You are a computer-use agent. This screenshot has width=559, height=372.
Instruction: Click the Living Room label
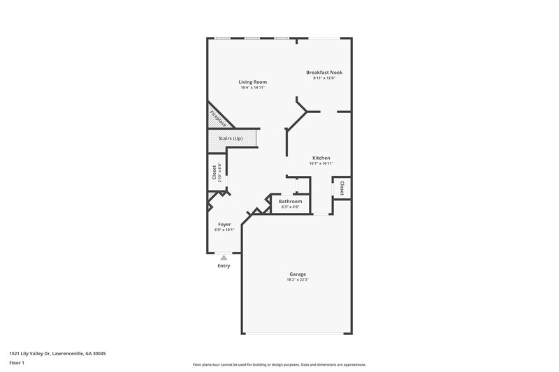click(x=253, y=82)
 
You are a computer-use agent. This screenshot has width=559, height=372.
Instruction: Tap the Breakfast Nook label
click(x=324, y=72)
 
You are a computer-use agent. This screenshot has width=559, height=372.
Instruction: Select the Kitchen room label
click(x=321, y=158)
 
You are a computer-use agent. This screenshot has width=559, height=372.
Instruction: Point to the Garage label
click(x=298, y=274)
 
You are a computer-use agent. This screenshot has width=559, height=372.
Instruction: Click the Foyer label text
click(x=224, y=224)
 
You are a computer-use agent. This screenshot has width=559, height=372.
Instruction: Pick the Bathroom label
click(x=290, y=202)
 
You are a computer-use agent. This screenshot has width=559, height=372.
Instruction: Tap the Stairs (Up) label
click(x=231, y=138)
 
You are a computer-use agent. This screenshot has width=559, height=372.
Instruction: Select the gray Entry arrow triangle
click(x=224, y=258)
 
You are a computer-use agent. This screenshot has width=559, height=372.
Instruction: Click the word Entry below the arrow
click(x=224, y=266)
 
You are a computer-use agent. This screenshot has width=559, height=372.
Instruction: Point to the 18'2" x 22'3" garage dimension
click(x=298, y=280)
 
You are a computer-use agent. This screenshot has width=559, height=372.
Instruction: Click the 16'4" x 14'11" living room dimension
click(x=253, y=87)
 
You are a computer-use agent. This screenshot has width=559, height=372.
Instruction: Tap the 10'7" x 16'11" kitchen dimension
click(x=321, y=163)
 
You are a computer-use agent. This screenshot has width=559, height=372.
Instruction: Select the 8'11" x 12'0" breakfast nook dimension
click(x=324, y=77)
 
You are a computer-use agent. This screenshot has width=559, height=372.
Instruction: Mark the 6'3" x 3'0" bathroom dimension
click(x=290, y=207)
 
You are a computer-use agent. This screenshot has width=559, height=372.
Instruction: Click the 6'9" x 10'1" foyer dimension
click(x=224, y=229)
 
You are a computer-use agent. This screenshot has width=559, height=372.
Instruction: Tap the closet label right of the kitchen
click(x=342, y=188)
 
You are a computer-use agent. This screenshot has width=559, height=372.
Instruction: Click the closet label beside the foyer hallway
click(x=215, y=172)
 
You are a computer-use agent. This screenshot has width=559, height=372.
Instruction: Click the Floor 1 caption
click(x=17, y=364)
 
